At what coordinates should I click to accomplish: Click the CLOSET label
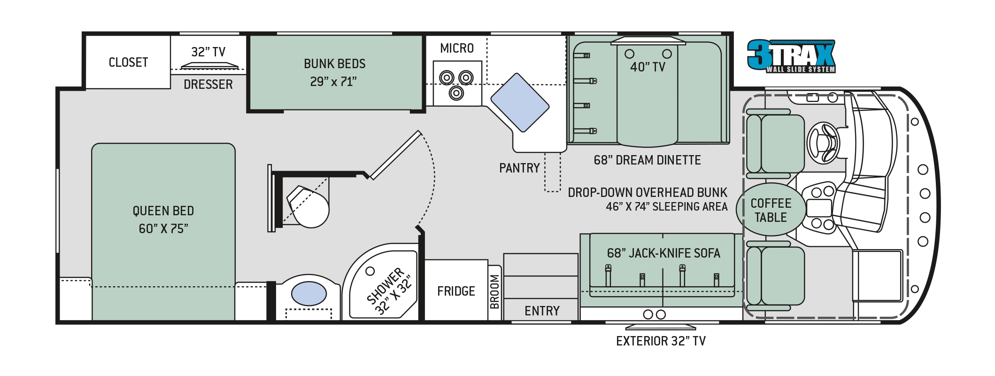click(128, 63)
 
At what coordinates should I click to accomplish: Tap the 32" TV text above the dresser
click(208, 52)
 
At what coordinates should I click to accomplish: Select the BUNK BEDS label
click(334, 64)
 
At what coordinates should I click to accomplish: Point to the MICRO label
click(456, 48)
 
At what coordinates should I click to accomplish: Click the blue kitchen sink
click(520, 102)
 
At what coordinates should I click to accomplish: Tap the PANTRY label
click(519, 168)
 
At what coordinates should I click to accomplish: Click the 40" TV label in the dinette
click(648, 67)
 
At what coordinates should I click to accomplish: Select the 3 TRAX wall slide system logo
click(791, 56)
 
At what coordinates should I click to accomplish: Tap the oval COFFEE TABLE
click(771, 210)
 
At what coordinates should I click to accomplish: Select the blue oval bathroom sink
click(309, 294)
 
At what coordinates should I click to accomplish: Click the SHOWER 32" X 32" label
click(389, 290)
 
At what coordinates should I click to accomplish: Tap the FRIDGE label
click(456, 291)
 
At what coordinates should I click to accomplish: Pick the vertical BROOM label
click(494, 292)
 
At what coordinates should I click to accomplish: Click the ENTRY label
click(542, 311)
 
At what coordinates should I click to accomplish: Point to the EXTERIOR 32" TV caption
click(661, 341)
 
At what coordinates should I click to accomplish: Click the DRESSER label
click(208, 85)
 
